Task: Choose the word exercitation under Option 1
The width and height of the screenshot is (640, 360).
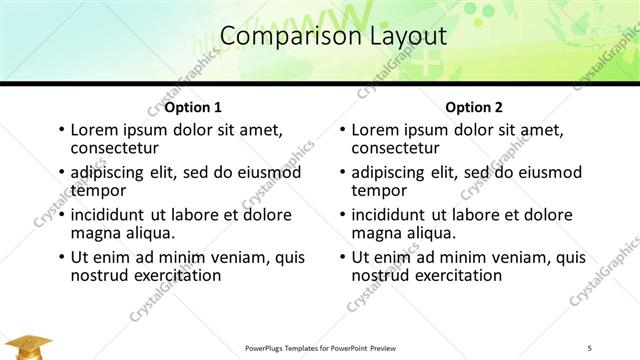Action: [x=171, y=275]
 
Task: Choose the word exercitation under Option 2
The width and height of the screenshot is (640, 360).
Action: [x=452, y=275]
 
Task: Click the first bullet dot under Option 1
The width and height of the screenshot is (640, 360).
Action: [x=62, y=130]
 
